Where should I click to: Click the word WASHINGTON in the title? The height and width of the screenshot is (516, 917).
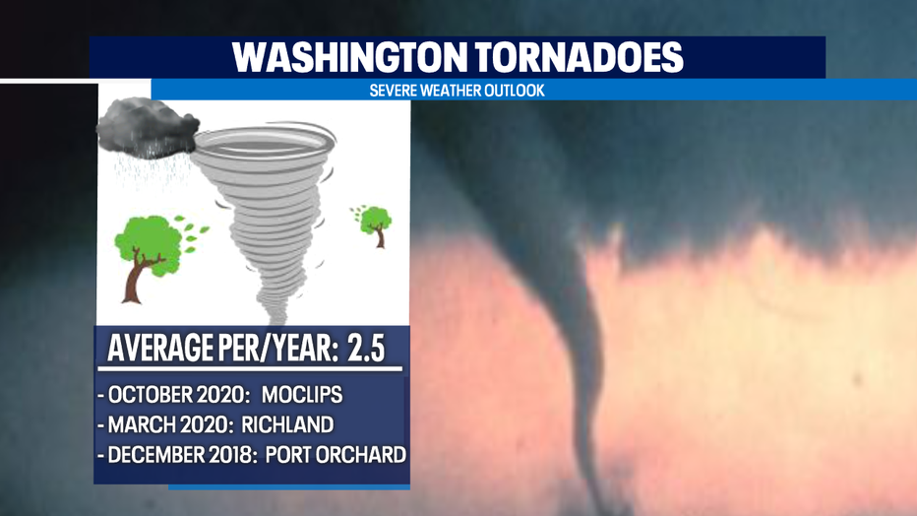point(349,57)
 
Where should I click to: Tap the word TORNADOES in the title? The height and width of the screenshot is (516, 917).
point(579,57)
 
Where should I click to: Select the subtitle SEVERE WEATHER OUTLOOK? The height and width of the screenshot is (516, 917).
point(457,90)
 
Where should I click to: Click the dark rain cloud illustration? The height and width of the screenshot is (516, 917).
point(147,129)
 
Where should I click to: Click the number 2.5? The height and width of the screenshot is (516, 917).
point(366,349)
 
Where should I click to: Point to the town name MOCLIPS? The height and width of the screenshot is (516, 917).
point(302,395)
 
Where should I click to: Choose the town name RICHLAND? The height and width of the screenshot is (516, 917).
point(287,424)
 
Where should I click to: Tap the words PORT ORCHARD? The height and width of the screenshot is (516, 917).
point(336,455)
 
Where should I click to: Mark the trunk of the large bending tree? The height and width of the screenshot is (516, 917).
point(136,278)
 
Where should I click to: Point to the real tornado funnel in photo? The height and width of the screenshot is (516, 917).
point(584,351)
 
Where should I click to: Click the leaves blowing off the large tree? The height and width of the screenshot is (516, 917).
point(192,234)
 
